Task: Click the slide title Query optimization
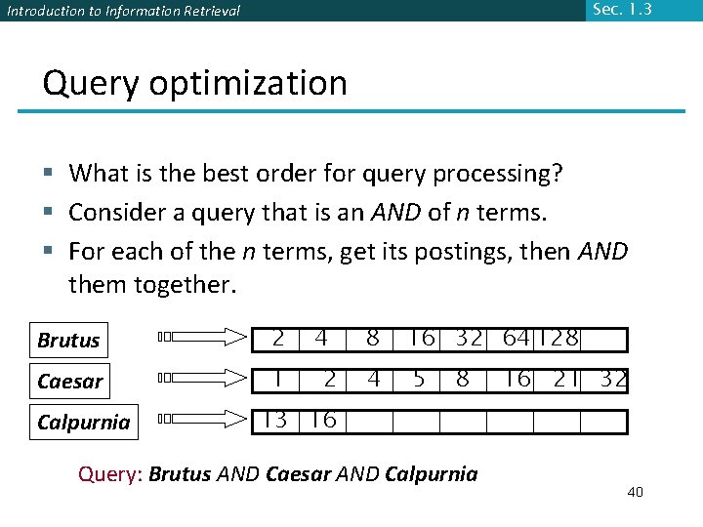click(194, 84)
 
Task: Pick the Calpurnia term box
click(83, 422)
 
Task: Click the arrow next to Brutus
click(205, 338)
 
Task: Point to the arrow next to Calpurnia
click(205, 420)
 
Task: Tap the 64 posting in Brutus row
click(516, 339)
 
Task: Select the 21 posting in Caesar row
click(565, 379)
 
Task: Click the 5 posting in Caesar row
click(419, 379)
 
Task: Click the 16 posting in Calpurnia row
click(323, 421)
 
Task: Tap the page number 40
click(635, 492)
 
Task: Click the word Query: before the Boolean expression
click(110, 475)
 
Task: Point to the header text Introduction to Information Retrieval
click(123, 12)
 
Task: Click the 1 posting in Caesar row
click(278, 379)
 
